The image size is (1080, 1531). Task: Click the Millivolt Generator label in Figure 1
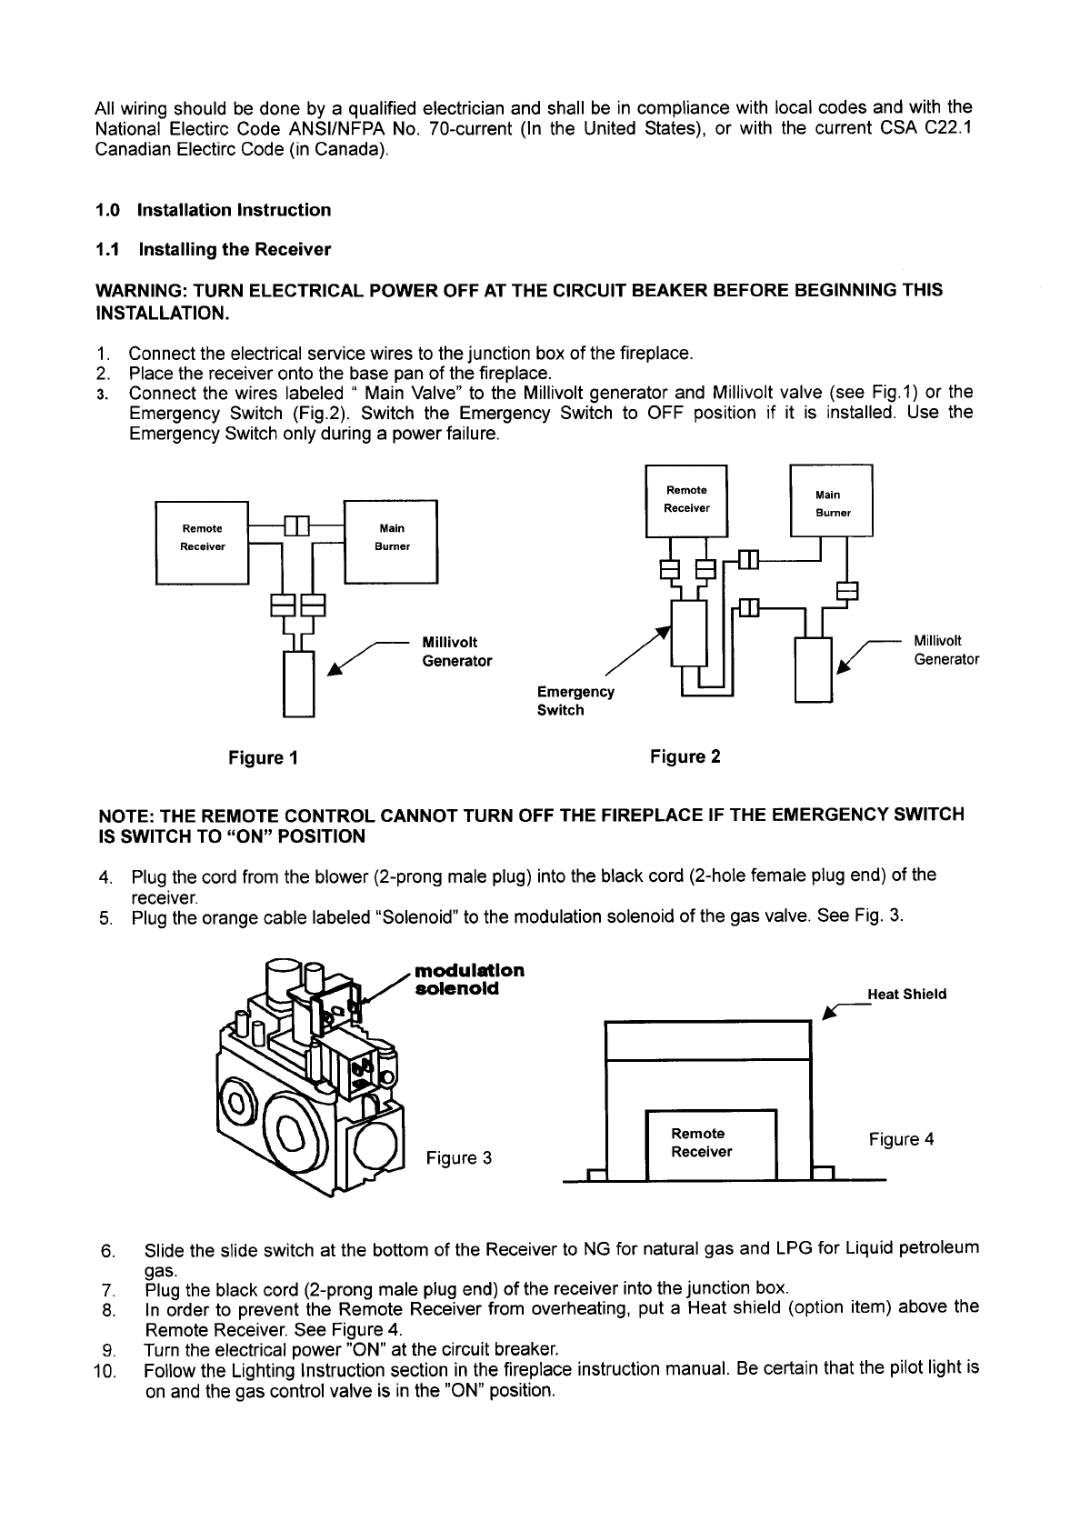(456, 652)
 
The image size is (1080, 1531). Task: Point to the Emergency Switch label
(575, 701)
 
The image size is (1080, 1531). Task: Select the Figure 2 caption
(685, 756)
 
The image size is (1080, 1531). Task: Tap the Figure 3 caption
(459, 1157)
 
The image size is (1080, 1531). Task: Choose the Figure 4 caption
(901, 1139)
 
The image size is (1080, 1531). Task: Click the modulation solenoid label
(469, 978)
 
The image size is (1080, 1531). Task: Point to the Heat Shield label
(906, 994)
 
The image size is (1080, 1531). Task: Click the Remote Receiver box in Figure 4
(709, 1143)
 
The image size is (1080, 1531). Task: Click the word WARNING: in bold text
(142, 291)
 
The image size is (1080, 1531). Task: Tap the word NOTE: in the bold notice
(125, 815)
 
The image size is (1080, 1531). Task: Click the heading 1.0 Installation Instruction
(213, 210)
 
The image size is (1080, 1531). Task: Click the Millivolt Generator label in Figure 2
(945, 650)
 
